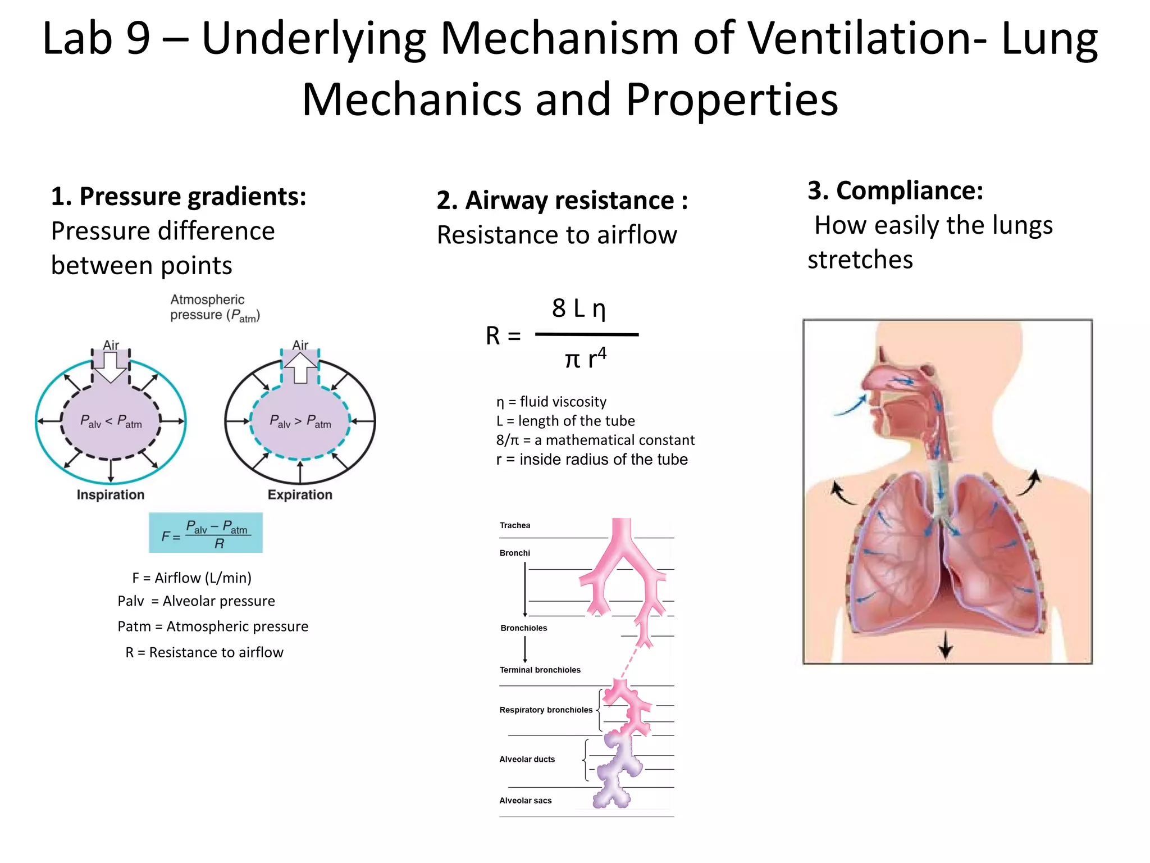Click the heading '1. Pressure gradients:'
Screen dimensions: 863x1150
(179, 197)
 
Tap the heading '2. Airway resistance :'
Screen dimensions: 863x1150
(562, 201)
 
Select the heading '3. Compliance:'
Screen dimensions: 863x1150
(895, 190)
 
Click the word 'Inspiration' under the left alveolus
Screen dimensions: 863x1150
(111, 495)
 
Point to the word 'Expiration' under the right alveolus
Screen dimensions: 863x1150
(300, 495)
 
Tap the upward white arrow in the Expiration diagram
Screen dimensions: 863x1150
(300, 367)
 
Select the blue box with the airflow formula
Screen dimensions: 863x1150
(206, 533)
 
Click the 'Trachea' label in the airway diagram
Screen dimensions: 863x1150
(515, 526)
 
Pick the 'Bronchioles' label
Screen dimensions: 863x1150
(523, 628)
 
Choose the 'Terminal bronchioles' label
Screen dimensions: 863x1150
(540, 670)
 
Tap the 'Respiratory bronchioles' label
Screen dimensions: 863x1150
(546, 710)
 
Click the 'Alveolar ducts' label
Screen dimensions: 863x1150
(527, 760)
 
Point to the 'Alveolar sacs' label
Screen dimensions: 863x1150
(526, 801)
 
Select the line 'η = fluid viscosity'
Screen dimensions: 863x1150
(551, 402)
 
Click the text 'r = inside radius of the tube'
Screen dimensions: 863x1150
(592, 460)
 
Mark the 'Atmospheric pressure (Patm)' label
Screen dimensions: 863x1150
(215, 307)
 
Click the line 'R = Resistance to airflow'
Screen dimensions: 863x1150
(204, 652)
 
